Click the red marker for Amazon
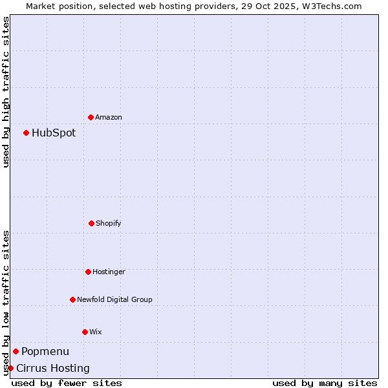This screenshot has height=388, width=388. [91, 117]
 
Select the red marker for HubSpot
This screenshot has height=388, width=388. [26, 133]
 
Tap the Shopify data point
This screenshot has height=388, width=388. [91, 223]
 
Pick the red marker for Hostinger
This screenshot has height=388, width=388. [88, 272]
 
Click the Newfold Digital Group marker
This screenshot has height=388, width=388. [72, 299]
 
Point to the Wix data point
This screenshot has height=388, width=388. [85, 332]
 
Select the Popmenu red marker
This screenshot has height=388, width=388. [16, 351]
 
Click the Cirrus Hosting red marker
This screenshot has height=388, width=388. [10, 368]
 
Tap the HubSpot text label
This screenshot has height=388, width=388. [54, 133]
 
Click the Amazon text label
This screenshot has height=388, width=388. [109, 118]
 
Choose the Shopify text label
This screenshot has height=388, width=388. [109, 224]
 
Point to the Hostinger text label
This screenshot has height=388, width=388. [109, 272]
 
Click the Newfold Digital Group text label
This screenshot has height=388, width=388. [114, 300]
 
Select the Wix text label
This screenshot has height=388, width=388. [96, 332]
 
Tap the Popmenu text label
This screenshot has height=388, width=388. [45, 352]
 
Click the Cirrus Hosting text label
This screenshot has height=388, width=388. [53, 369]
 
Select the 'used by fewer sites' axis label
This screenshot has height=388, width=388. [67, 383]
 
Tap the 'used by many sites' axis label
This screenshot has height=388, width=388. [325, 383]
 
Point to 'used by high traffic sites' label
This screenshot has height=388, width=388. [6, 92]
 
